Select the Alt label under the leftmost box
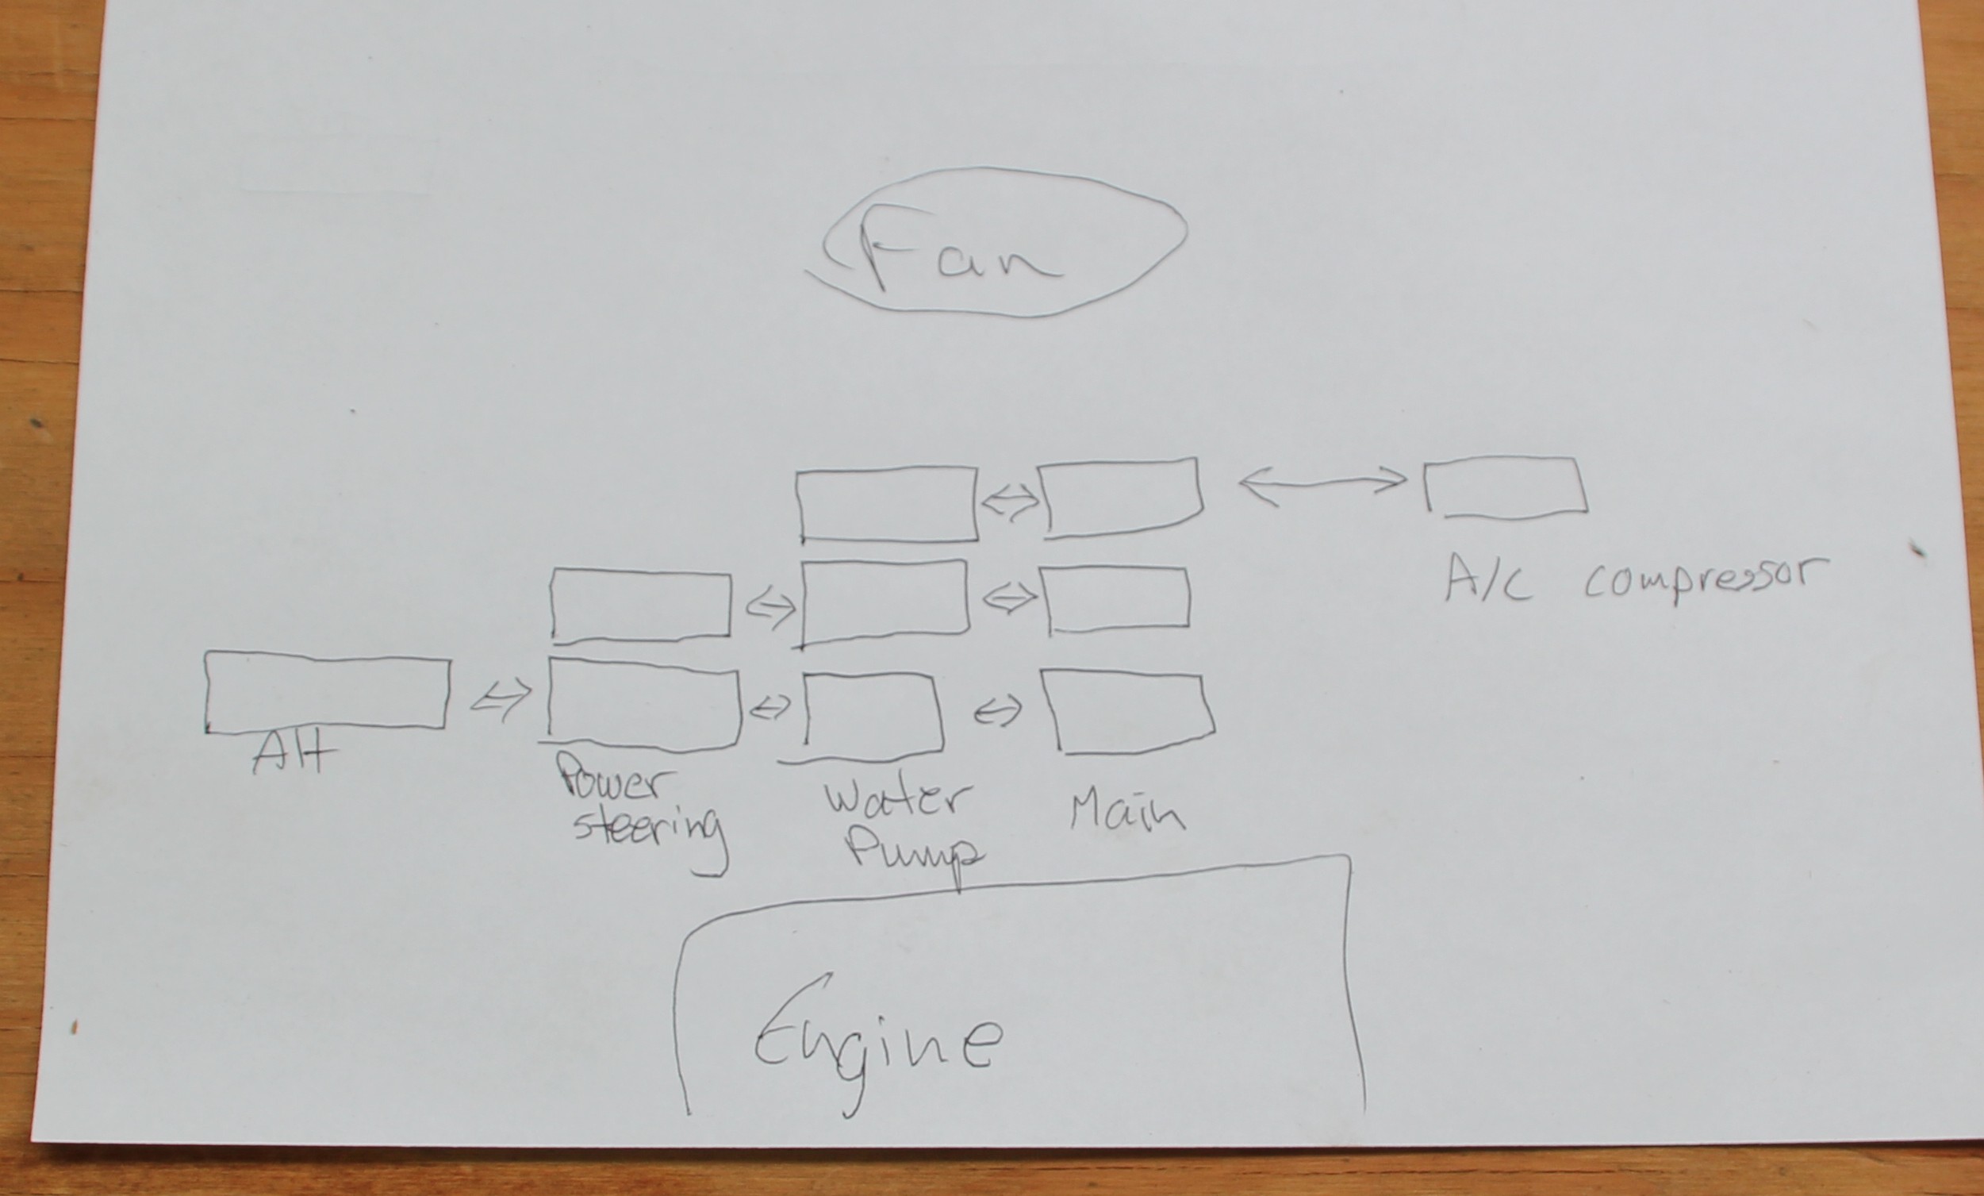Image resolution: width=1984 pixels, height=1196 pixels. [x=293, y=755]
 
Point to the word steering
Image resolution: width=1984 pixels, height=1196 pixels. [x=648, y=829]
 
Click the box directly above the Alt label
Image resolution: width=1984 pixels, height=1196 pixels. [x=327, y=693]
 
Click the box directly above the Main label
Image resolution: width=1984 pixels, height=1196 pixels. [x=1127, y=712]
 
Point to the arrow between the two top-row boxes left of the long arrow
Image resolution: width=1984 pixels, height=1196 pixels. [x=1009, y=504]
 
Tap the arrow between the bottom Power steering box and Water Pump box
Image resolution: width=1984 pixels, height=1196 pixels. [x=769, y=708]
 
